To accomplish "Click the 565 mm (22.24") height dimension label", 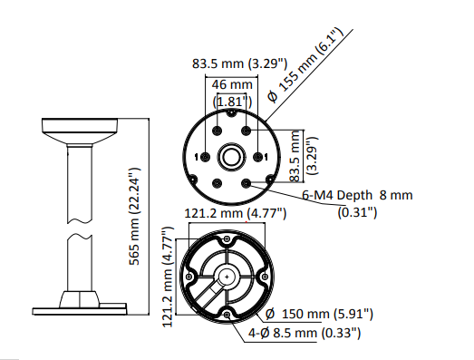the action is [x=134, y=216].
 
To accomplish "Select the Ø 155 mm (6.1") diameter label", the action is [x=306, y=64].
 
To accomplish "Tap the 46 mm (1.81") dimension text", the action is [x=232, y=93].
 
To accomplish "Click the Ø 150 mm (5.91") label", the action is [x=319, y=314].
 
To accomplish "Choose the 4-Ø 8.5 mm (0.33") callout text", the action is [x=305, y=333].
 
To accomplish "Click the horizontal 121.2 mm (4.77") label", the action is [x=235, y=214].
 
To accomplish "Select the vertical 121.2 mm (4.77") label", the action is [x=168, y=277].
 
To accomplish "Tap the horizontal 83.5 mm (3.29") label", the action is [x=239, y=63].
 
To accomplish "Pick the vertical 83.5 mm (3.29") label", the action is [x=304, y=156].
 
